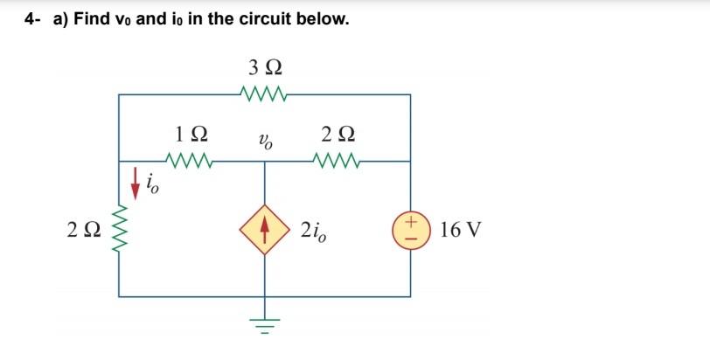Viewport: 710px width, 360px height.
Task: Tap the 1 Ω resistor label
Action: pyautogui.click(x=191, y=135)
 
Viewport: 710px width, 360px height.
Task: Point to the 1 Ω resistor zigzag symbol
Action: pyautogui.click(x=191, y=161)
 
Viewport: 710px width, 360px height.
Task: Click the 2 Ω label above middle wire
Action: pyautogui.click(x=338, y=135)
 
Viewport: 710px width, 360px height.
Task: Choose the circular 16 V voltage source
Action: pyautogui.click(x=410, y=231)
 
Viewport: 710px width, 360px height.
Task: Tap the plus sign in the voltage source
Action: pyautogui.click(x=410, y=223)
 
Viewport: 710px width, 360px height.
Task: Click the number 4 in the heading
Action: pyautogui.click(x=29, y=19)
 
